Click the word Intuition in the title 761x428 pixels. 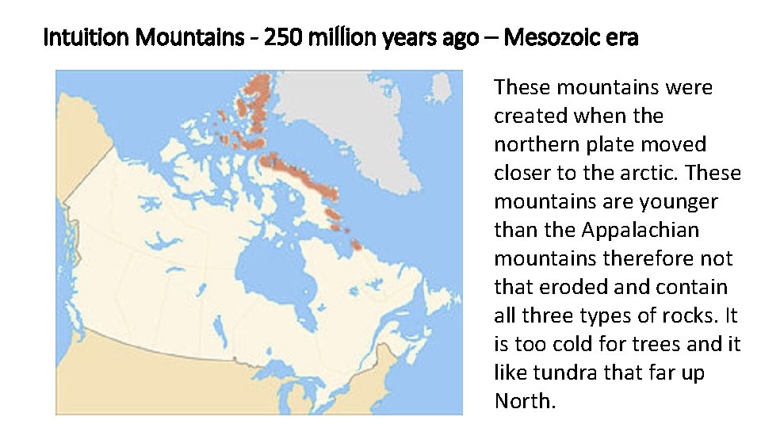click(78, 37)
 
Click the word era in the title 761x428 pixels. click(620, 37)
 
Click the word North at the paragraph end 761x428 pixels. click(522, 402)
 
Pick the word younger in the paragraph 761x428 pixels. click(675, 202)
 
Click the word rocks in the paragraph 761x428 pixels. click(691, 316)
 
